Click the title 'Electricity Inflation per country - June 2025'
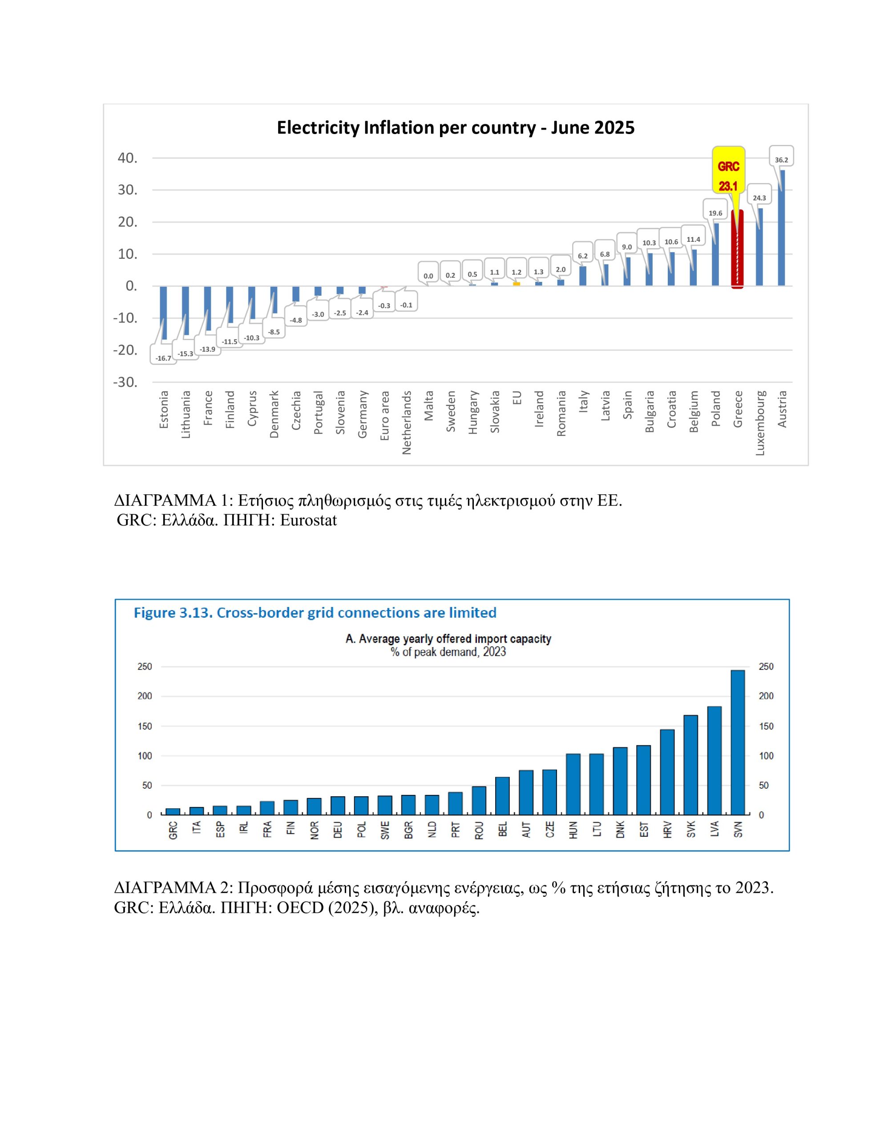[456, 128]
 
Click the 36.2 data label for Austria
[781, 160]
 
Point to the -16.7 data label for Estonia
[163, 358]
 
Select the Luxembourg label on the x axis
[760, 423]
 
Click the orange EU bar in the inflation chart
[517, 283]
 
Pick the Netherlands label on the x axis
[407, 422]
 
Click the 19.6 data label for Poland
[715, 213]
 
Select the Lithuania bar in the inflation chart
[186, 310]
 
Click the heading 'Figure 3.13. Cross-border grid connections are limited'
[315, 613]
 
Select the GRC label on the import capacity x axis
[173, 831]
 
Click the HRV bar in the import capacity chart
[667, 772]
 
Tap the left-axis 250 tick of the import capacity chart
[145, 667]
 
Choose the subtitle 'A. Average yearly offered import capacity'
[448, 639]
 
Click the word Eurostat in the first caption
[308, 521]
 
